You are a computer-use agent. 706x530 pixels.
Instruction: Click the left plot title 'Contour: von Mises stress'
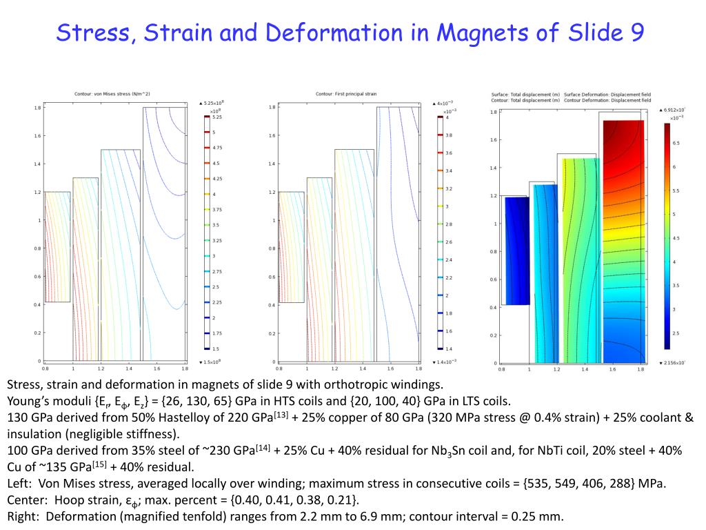112,94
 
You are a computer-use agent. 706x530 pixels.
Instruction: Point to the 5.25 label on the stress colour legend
216,117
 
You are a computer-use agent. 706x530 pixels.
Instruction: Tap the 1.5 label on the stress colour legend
216,349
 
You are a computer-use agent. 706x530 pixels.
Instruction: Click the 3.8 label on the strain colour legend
450,135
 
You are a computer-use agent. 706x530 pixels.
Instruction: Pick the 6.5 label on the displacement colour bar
676,143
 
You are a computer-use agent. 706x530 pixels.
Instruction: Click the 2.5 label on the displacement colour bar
676,333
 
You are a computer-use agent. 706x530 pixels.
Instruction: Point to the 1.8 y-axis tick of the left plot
38,108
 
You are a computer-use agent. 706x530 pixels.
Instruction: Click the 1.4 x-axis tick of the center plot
361,369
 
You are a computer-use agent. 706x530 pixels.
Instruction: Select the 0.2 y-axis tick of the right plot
493,335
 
